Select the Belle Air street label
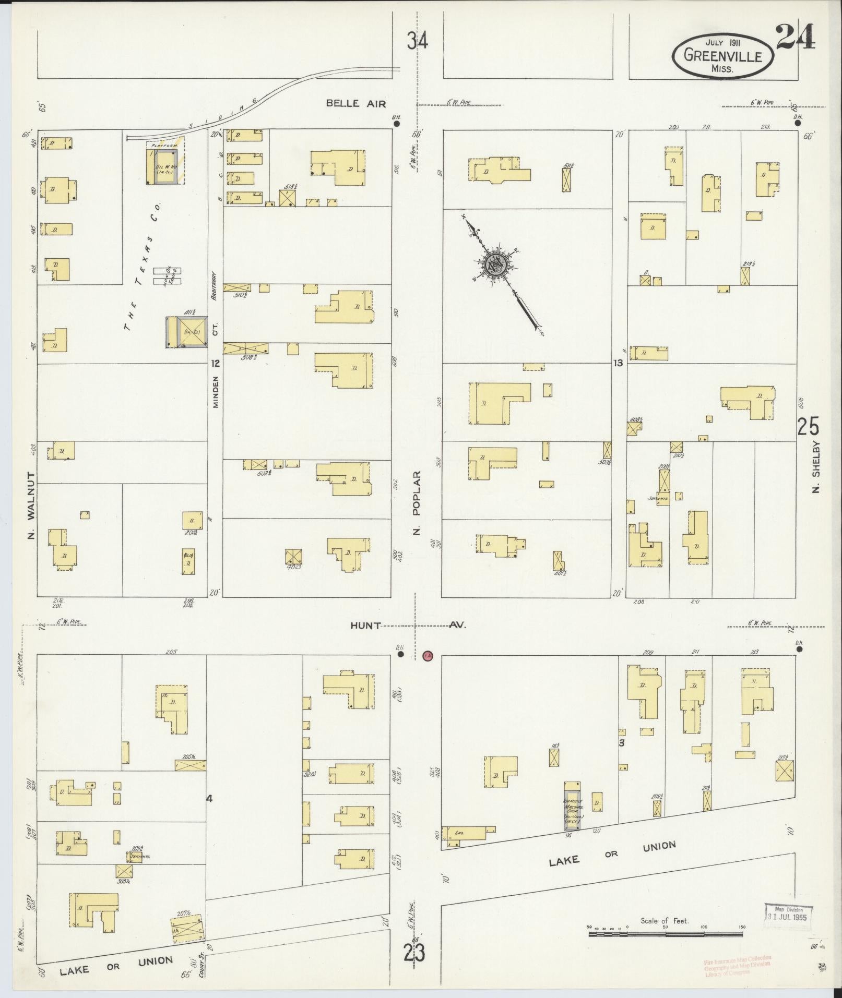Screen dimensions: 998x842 coord(355,103)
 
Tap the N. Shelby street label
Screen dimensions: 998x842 coord(816,467)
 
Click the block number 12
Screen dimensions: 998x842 coord(215,363)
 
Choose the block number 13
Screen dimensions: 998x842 coord(618,363)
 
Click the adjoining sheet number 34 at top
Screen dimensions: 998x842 coord(418,41)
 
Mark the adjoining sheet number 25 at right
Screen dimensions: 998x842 coord(808,427)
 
